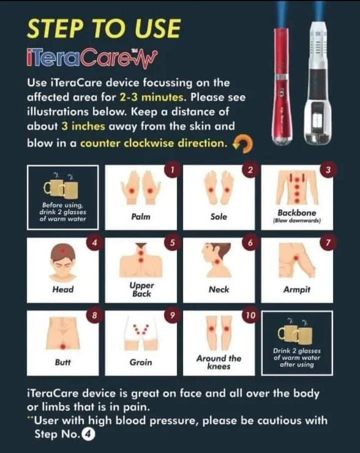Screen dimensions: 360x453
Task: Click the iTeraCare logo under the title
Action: [92, 57]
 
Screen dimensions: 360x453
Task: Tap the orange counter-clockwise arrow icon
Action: [243, 144]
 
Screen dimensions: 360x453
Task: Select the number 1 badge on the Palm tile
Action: [172, 169]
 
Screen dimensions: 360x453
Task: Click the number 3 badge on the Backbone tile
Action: [328, 169]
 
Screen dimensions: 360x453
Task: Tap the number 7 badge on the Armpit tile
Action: [328, 242]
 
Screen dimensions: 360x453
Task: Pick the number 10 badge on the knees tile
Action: [250, 315]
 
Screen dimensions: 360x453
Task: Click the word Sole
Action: [219, 216]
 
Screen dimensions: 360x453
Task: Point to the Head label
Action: [63, 289]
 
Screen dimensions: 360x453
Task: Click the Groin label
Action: [141, 362]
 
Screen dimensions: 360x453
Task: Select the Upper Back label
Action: [141, 289]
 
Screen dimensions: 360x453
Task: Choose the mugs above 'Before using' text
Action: [61, 189]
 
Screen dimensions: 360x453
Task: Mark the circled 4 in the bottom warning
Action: [88, 434]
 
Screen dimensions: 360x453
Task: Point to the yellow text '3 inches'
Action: [83, 126]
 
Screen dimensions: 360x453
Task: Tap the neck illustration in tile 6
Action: [217, 260]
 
